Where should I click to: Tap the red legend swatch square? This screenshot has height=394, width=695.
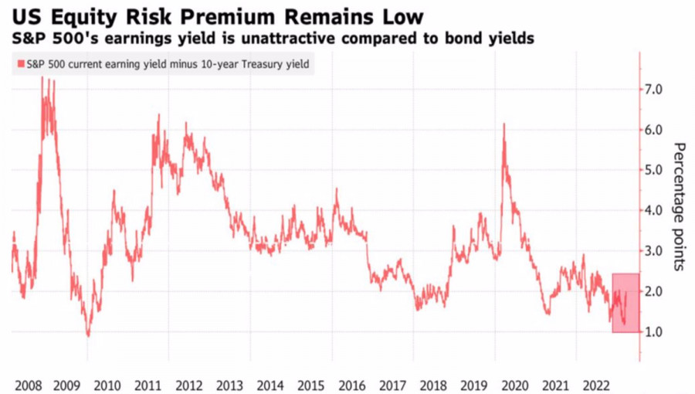(18, 65)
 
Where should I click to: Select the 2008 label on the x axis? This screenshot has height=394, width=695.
(28, 384)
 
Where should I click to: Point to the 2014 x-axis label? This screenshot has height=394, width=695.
(270, 384)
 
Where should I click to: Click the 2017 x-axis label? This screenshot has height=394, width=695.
(392, 384)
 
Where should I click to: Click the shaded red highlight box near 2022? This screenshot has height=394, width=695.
(625, 303)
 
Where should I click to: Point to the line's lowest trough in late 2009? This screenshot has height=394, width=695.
(88, 335)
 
